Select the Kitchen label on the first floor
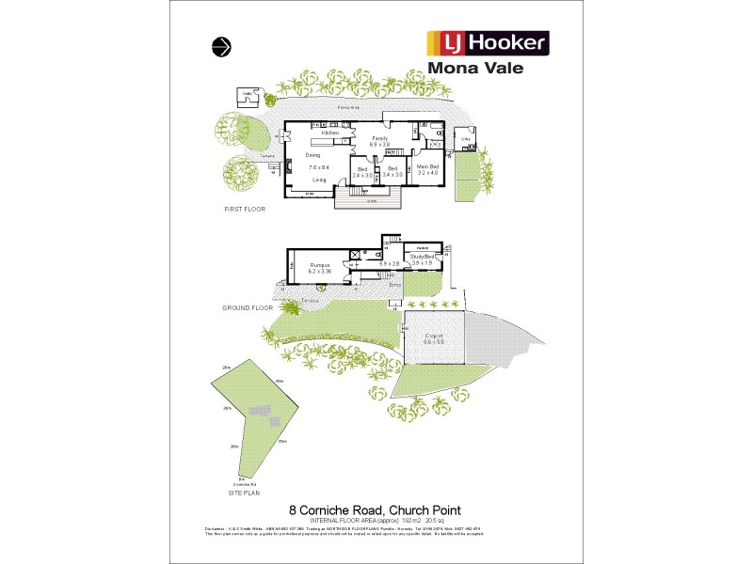pyautogui.click(x=330, y=133)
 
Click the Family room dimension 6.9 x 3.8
pyautogui.click(x=379, y=145)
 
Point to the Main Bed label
pyautogui.click(x=428, y=166)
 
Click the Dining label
pyautogui.click(x=312, y=155)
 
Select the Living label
pyautogui.click(x=320, y=179)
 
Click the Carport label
pyautogui.click(x=434, y=336)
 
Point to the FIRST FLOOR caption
pyautogui.click(x=242, y=209)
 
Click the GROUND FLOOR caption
pyautogui.click(x=248, y=307)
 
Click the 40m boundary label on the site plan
pyautogui.click(x=280, y=381)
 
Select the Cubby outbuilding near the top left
pyautogui.click(x=248, y=95)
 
